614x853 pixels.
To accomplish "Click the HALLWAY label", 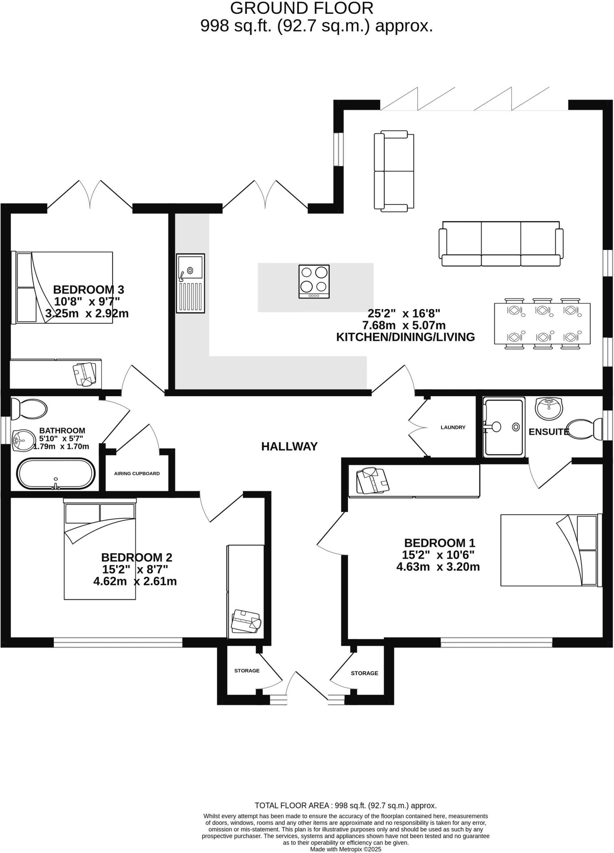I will (x=289, y=446).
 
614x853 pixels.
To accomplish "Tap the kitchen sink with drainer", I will (x=190, y=283).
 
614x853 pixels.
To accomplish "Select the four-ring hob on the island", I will (x=314, y=282).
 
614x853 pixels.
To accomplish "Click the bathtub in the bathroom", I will (x=56, y=474).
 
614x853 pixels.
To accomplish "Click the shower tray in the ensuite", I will (x=504, y=427).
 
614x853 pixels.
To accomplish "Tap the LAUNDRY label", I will (x=453, y=427).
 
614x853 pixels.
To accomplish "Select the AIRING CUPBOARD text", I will (x=137, y=474).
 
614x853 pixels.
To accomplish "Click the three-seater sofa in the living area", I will (x=501, y=244).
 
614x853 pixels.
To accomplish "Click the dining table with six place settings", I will (x=542, y=323).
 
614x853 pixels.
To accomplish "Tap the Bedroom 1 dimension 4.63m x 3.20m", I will (x=438, y=567).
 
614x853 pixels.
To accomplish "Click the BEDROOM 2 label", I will (x=136, y=557).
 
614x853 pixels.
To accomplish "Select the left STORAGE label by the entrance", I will (x=247, y=671).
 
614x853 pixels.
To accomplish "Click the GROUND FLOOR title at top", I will (x=301, y=8).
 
